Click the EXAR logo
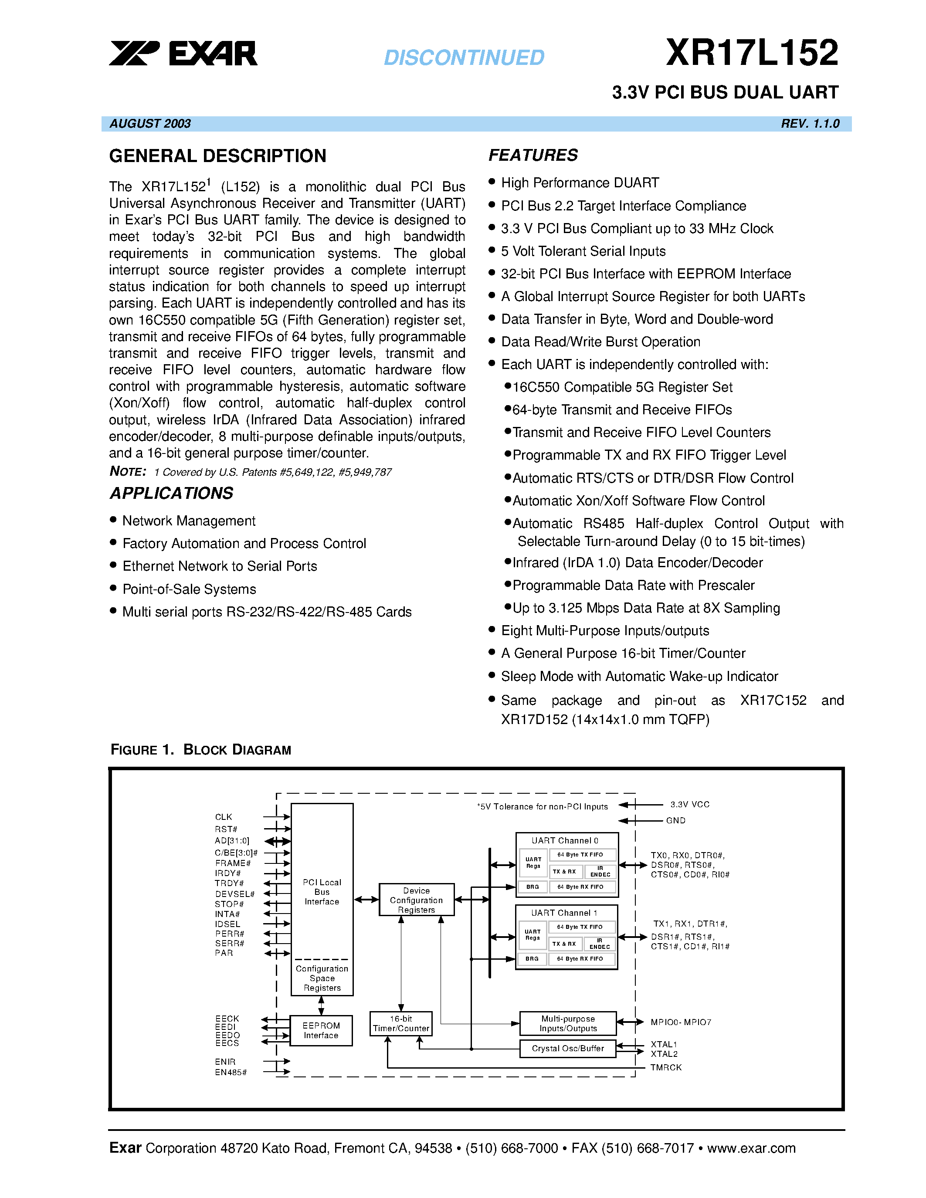[183, 53]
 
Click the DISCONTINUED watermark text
[464, 58]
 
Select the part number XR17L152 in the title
[752, 53]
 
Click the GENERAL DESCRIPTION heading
[217, 156]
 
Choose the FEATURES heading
[533, 155]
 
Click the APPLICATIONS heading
[172, 493]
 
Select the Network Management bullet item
[189, 521]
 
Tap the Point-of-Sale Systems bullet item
[189, 589]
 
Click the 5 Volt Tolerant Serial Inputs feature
[583, 251]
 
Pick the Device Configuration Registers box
[416, 900]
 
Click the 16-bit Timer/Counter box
[401, 1024]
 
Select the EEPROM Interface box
[321, 1030]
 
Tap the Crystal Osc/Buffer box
[568, 1048]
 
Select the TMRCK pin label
[666, 1067]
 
